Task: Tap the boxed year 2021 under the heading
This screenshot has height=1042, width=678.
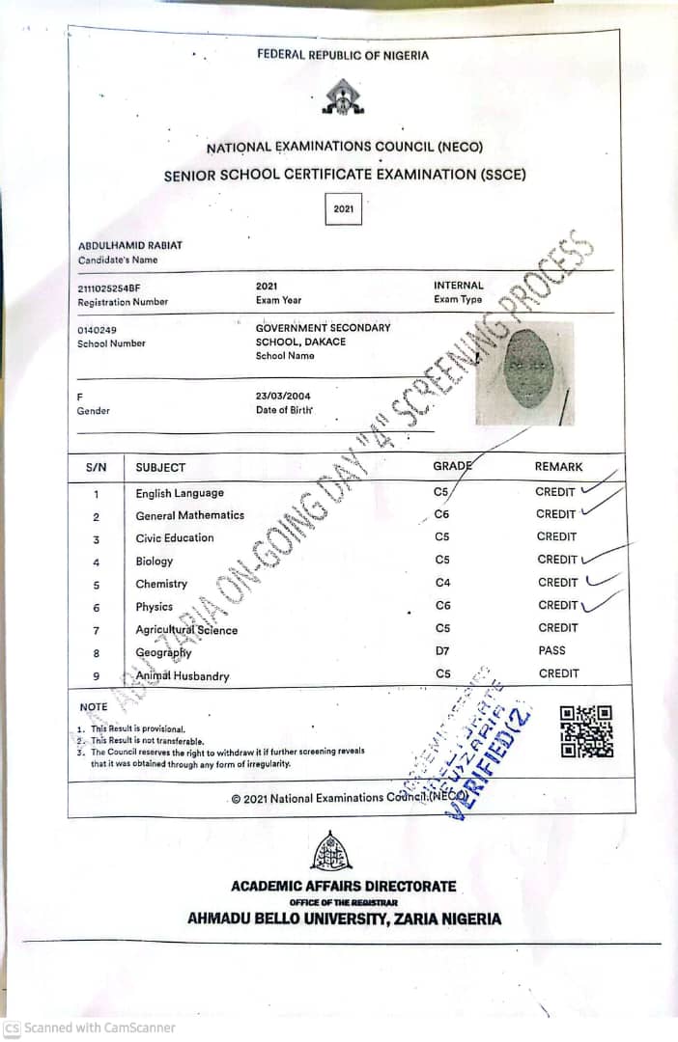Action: (x=344, y=208)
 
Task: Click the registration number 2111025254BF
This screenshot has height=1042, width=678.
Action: (x=109, y=288)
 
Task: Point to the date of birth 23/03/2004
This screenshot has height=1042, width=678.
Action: (x=283, y=396)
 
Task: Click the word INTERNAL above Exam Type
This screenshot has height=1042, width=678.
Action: (x=459, y=286)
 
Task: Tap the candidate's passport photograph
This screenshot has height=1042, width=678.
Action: (x=525, y=372)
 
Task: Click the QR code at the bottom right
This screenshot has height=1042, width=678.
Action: (x=586, y=731)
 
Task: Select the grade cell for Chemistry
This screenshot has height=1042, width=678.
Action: (x=443, y=583)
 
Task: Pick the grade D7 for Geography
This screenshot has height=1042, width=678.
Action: (x=442, y=652)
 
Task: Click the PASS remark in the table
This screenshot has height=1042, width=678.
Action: (x=552, y=651)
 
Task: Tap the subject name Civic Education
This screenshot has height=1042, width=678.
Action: (x=175, y=538)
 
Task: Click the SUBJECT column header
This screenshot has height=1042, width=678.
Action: (x=160, y=467)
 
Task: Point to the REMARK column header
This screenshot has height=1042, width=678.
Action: (x=558, y=467)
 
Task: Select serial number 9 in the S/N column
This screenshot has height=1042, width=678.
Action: (x=96, y=675)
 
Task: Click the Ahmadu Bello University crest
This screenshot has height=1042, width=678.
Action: (x=331, y=849)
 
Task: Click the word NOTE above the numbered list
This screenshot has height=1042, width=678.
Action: (x=94, y=706)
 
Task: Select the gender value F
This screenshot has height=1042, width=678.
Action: (x=80, y=397)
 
